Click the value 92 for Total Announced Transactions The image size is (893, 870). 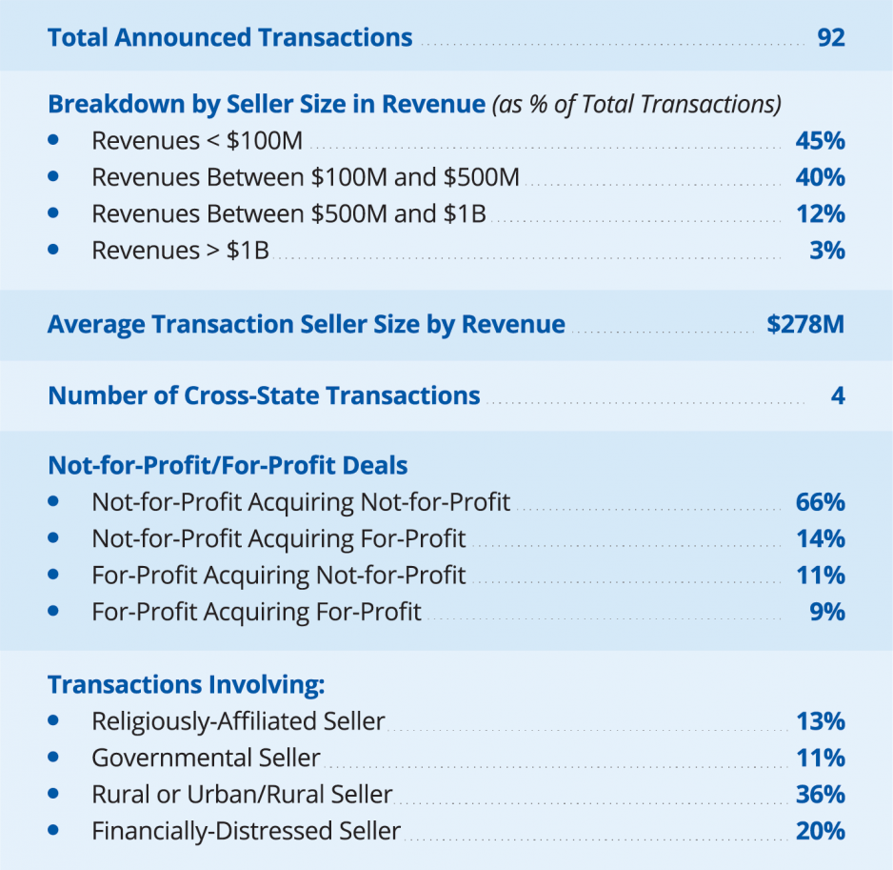tap(830, 38)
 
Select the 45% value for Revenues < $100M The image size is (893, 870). tap(820, 141)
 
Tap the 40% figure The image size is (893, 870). tap(820, 177)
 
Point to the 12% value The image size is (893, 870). tap(820, 213)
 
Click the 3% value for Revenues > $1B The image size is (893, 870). tap(826, 251)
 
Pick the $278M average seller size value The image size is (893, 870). tap(805, 324)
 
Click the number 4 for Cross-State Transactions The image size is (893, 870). tap(838, 395)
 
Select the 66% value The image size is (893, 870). tap(820, 502)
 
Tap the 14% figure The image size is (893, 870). tap(820, 538)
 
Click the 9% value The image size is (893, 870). tap(826, 611)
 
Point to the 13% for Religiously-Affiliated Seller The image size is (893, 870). tap(820, 721)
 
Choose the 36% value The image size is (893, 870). tap(820, 794)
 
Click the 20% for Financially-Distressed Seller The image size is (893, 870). tap(820, 831)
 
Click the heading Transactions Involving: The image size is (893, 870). tap(187, 685)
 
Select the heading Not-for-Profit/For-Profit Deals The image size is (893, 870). tap(228, 466)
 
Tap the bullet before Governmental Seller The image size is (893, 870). tap(53, 757)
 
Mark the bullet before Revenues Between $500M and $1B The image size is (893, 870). tap(53, 212)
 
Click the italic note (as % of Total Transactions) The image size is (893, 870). tap(636, 104)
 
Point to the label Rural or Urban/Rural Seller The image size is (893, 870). tap(242, 794)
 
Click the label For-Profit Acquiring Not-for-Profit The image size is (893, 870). tap(279, 575)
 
